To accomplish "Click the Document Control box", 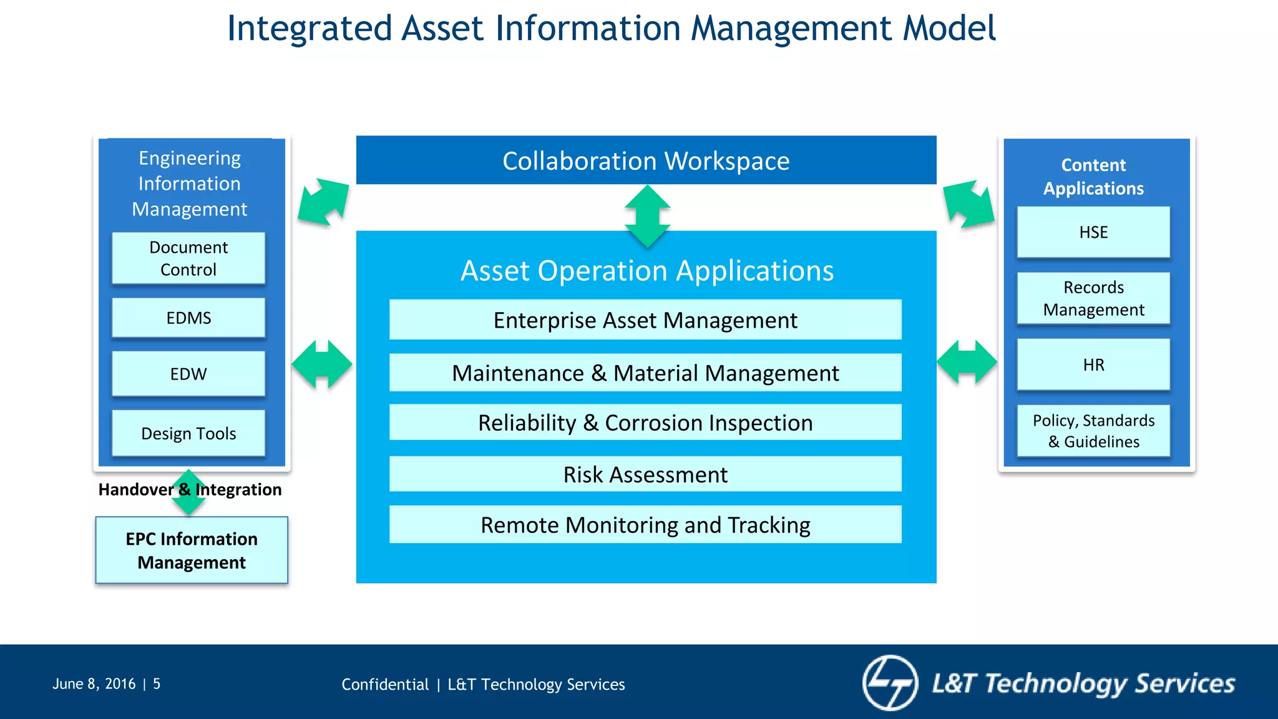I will pos(188,258).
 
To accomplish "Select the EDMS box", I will pos(188,318).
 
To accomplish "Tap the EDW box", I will pos(188,374).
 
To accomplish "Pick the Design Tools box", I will pos(188,433).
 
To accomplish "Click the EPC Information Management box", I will pos(192,550).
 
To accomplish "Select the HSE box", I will pos(1093,232).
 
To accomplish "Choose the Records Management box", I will pos(1093,298).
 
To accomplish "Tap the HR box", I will pos(1093,364).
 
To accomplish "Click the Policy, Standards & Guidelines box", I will pos(1093,431).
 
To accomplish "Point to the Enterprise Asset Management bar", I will pos(645,320).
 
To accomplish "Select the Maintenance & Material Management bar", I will pos(645,373).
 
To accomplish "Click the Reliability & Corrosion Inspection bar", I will pos(645,423).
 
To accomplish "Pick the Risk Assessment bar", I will pos(645,474).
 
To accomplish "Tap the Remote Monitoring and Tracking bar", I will pos(645,525).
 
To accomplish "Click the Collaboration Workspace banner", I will pos(646,160).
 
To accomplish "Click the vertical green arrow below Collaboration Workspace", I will pos(647,216).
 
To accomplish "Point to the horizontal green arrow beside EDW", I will pos(322,364).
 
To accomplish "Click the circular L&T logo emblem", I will pos(890,683).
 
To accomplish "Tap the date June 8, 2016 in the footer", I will pos(94,684).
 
